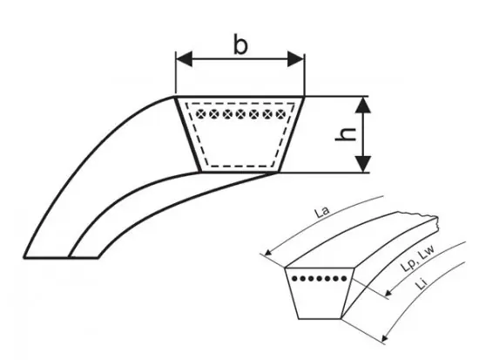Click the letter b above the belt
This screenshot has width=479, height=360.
(x=240, y=45)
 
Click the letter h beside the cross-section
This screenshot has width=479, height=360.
(x=346, y=134)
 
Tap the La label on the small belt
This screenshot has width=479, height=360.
(x=322, y=212)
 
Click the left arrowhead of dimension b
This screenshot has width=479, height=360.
(x=185, y=58)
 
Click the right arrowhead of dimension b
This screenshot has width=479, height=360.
(x=296, y=58)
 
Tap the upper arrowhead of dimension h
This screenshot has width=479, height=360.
(x=363, y=105)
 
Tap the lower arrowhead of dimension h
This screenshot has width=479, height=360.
(x=363, y=164)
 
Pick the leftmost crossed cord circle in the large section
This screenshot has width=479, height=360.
(x=200, y=114)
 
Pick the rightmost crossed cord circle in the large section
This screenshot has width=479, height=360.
(x=280, y=114)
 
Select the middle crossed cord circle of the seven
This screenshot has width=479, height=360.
(x=240, y=114)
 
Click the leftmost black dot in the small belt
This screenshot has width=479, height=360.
(x=294, y=279)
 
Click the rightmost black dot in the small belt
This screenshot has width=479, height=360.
(x=344, y=279)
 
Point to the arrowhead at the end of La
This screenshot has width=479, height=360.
(x=268, y=252)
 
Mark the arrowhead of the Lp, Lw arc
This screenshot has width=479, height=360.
(x=388, y=293)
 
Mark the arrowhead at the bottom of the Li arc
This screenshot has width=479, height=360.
(x=385, y=338)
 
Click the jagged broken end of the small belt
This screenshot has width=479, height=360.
(x=435, y=222)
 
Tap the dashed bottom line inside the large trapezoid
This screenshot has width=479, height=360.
(x=240, y=166)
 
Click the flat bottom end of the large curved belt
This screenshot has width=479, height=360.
(x=61, y=257)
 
